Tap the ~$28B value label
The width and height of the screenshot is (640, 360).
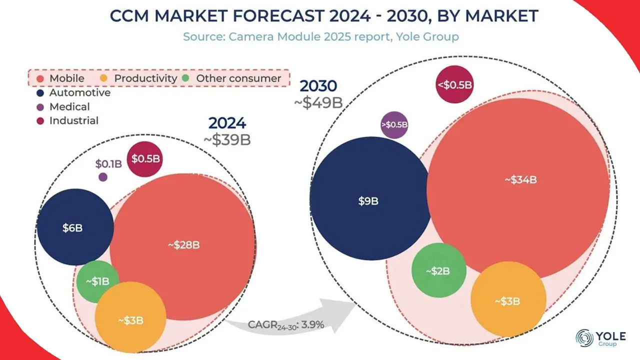pos(183,245)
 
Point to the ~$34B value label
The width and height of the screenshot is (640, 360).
pos(520,180)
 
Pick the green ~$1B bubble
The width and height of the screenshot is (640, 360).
pos(97,281)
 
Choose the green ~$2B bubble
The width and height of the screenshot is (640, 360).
pos(438,270)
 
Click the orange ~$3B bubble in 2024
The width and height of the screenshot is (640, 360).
pos(130,319)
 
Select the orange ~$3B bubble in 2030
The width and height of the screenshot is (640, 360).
pos(508,301)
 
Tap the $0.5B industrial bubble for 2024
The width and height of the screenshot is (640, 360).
pos(145,159)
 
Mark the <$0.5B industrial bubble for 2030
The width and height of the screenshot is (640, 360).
pos(454,84)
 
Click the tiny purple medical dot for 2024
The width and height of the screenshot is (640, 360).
pos(103,177)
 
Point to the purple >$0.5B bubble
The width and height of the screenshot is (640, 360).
pos(394,124)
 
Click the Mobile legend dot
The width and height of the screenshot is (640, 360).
pos(40,78)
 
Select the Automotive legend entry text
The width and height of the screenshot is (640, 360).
pos(80,92)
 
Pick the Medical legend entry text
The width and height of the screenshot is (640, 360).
pos(69,106)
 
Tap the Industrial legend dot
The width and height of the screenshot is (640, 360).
pos(40,120)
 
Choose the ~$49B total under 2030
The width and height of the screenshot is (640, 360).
pos(318,102)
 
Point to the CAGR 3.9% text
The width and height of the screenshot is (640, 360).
pos(286,324)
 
